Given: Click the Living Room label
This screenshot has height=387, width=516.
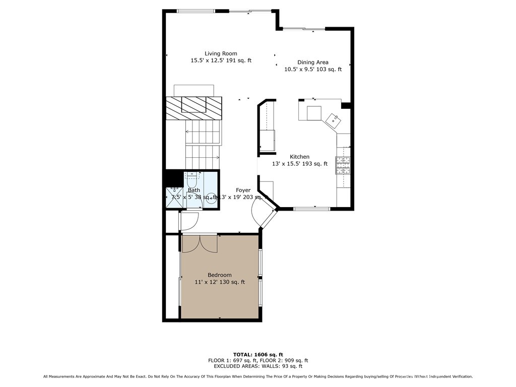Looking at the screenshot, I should pos(221,53).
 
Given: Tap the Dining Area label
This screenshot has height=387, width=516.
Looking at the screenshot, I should pos(312,62).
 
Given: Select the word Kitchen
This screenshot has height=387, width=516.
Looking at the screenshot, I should pos(299,157).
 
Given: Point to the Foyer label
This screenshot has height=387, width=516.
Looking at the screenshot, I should pos(243,190).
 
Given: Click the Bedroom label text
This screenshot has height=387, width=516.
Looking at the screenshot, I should pos(220,275).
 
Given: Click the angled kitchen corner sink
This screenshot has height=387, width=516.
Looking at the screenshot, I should pos(333,120).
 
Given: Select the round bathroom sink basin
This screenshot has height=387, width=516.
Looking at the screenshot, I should pos(211,198).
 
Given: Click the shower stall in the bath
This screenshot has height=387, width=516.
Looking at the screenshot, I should pos(175,197).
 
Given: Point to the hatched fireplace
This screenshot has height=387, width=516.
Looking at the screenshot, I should pos(194,107).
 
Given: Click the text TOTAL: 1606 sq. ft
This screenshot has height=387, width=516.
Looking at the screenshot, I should pos(257,354).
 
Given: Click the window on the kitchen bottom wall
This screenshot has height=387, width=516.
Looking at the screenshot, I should pos(312,208).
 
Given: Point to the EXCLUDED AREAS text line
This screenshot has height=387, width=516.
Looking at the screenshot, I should pos(257,366).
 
